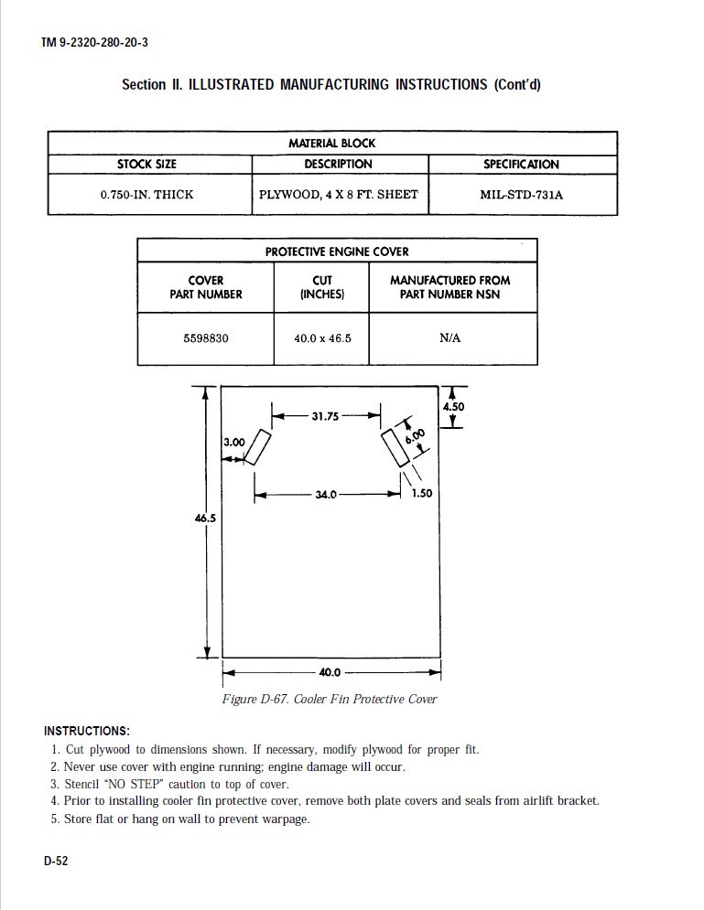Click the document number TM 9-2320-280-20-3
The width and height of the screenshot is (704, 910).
point(94,43)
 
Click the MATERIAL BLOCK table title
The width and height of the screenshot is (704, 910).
point(331,144)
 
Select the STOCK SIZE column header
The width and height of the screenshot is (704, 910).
point(146,165)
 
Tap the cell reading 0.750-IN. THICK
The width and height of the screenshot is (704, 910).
point(146,195)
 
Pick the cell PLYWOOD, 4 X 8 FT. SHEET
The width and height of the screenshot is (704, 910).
point(339,195)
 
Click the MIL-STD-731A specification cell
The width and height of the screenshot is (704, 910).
point(521,195)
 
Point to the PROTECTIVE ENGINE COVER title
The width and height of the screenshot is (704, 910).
point(337,252)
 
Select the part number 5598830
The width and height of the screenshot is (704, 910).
point(206,338)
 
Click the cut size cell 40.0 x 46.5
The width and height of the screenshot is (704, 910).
point(322,338)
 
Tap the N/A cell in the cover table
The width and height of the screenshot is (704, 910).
point(449,338)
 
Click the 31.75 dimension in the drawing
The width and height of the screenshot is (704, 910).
point(325,416)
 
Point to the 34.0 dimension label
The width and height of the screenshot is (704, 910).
point(326,495)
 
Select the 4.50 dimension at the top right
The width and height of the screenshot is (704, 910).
point(454,407)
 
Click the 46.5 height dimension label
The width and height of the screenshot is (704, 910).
point(204,519)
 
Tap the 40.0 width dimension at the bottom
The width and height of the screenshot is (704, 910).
point(330,673)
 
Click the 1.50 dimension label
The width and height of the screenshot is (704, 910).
point(421,494)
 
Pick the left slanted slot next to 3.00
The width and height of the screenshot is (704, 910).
point(257,447)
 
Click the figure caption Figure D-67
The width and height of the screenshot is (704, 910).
point(330,700)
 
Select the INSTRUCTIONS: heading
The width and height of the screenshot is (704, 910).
point(87,732)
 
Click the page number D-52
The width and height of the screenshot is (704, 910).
point(56,862)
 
